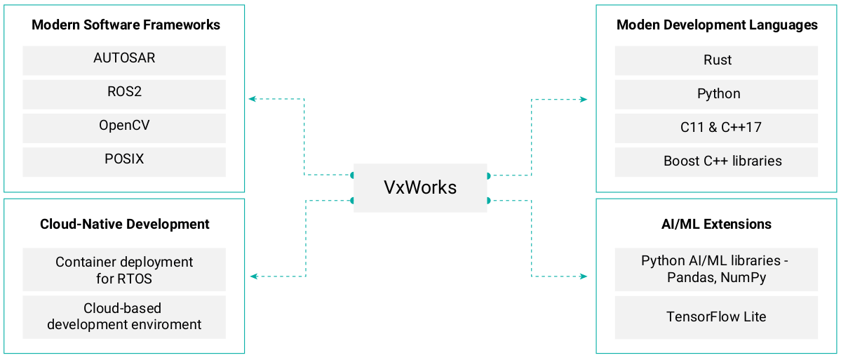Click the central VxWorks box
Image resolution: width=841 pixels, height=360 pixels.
419,187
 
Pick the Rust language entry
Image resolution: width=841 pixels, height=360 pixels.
716,60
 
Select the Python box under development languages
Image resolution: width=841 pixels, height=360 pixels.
716,94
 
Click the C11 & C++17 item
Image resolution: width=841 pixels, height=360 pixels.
716,128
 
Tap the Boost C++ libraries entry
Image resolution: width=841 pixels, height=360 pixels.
716,161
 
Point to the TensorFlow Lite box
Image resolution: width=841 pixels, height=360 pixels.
716,317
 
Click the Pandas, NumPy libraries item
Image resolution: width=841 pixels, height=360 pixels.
716,269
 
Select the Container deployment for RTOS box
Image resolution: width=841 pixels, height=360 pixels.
124,269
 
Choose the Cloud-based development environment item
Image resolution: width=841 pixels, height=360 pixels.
124,317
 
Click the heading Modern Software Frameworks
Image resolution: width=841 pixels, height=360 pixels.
126,25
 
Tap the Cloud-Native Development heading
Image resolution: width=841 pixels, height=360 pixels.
125,225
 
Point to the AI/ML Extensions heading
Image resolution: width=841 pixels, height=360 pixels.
716,225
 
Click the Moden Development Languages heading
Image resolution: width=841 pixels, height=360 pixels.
716,25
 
